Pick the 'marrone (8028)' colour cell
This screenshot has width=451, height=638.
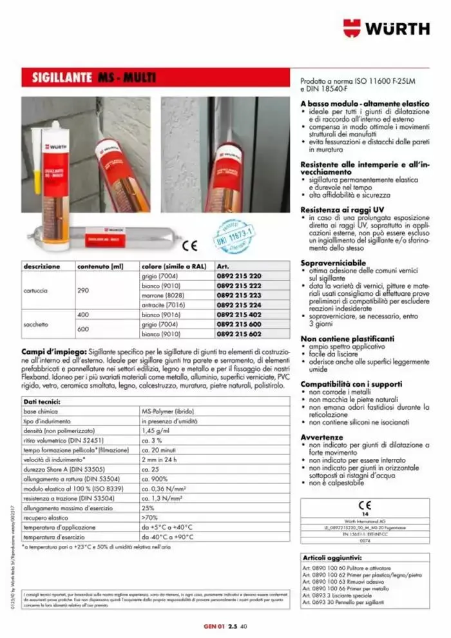[166, 295]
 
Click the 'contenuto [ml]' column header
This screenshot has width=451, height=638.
[100, 266]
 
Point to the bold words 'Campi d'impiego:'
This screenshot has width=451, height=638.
[53, 347]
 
